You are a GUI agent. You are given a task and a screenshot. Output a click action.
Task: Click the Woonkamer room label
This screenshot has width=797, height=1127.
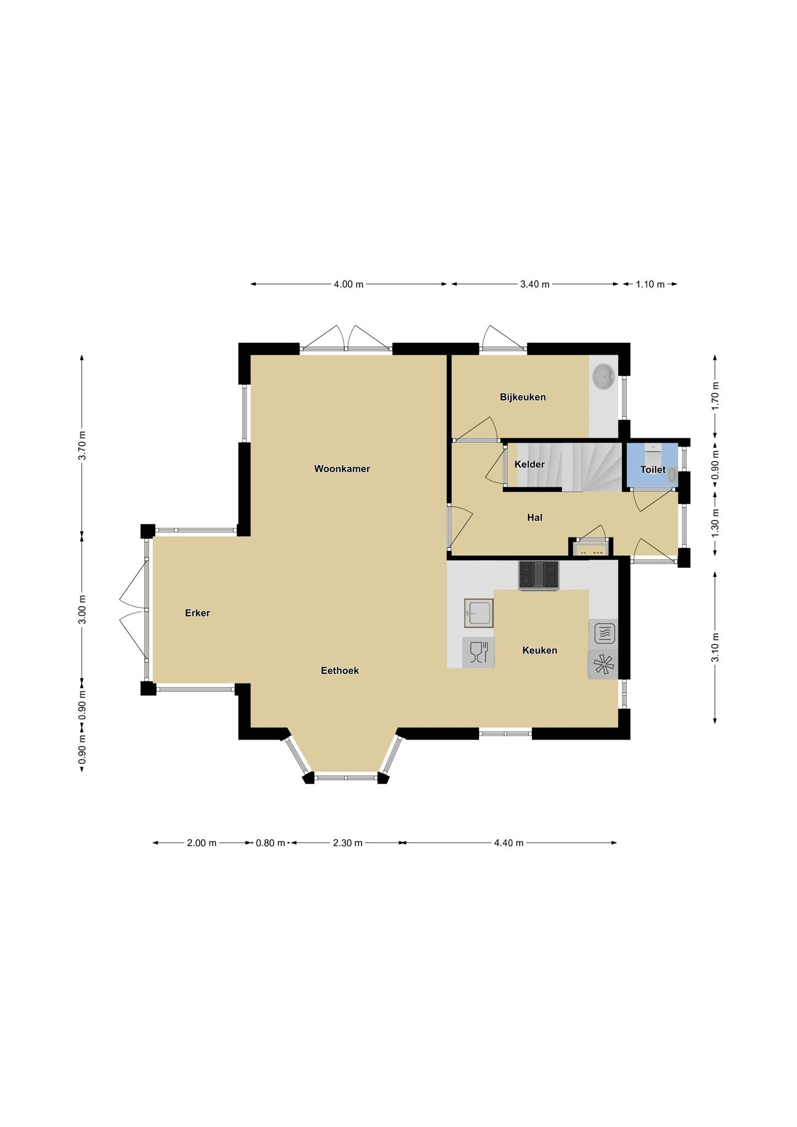[342, 469]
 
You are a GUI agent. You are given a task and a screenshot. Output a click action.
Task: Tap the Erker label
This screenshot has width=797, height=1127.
[198, 613]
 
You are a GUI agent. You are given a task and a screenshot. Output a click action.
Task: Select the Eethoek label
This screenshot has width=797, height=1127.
[340, 670]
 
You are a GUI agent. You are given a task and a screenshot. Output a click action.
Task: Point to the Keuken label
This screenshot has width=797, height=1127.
[540, 650]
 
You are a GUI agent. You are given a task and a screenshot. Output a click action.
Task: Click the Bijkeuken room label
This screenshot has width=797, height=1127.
[523, 397]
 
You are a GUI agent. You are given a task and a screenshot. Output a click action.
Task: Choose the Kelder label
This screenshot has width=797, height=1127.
[529, 464]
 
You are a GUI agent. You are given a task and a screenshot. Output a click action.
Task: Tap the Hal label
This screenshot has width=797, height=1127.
[535, 517]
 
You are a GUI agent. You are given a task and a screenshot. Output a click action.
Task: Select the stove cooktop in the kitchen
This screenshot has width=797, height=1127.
[538, 575]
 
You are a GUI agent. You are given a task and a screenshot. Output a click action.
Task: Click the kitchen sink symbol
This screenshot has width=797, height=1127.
[478, 612]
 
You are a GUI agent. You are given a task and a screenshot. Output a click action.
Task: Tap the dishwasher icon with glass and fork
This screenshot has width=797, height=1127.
[478, 653]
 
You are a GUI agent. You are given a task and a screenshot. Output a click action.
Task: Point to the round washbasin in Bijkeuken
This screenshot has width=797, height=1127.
[603, 378]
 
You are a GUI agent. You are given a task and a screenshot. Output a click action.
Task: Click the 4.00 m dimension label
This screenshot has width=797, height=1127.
[348, 285]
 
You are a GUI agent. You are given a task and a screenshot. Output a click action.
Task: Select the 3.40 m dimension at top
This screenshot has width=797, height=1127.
[535, 285]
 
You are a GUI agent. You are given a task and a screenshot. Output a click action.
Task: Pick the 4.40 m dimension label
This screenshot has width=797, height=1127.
[509, 842]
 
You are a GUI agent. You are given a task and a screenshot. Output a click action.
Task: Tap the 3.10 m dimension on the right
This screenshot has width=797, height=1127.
[715, 647]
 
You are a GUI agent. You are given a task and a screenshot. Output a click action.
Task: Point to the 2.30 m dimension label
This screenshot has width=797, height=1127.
[348, 842]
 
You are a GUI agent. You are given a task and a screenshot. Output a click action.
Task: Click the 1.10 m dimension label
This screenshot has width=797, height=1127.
[650, 285]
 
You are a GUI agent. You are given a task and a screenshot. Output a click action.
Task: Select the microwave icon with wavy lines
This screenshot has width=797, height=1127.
[603, 633]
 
